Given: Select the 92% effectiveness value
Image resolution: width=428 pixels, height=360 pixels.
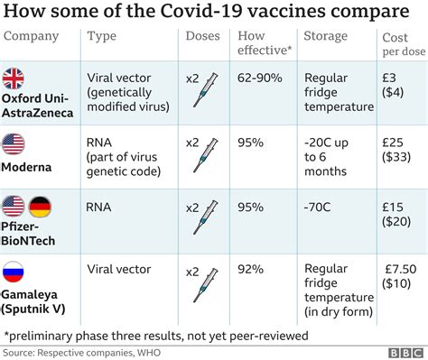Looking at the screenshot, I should (x=252, y=270).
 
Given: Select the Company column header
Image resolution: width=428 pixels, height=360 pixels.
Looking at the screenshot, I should (x=32, y=36).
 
